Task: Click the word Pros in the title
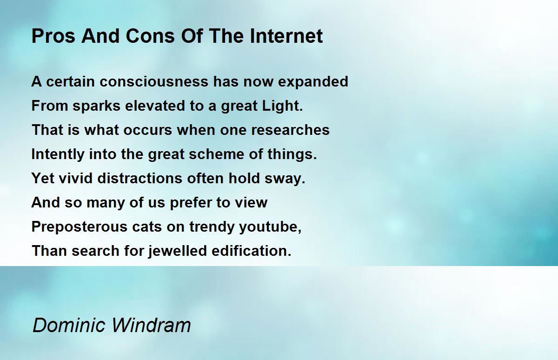pos(53,36)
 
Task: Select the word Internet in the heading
pos(286,36)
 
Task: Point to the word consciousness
pos(154,82)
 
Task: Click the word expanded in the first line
pos(313,82)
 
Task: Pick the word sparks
pos(97,106)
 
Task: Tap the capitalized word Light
pos(282,106)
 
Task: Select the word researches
pos(290,130)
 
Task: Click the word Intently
pos(58,154)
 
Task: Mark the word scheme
pos(217,154)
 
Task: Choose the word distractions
pos(139,179)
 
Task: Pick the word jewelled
pos(178,251)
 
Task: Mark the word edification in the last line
pos(252,251)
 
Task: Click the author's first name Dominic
pos(69,325)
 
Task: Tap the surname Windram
pos(151,325)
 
